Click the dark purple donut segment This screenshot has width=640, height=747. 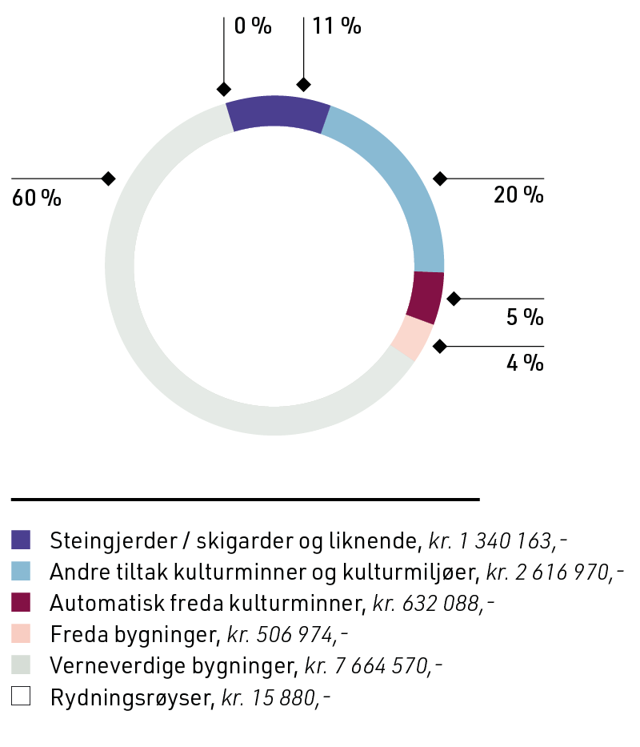278,113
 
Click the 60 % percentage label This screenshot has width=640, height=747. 36,199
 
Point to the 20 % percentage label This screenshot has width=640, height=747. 518,195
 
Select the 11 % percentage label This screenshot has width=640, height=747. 337,26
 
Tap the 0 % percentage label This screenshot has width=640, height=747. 253,26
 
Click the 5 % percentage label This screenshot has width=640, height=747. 525,317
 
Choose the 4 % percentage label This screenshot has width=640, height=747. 525,363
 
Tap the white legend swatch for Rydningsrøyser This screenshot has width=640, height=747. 21,697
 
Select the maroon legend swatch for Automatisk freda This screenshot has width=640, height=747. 21,603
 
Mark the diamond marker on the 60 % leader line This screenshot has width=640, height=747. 108,179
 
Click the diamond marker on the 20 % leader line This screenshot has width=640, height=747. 439,179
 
